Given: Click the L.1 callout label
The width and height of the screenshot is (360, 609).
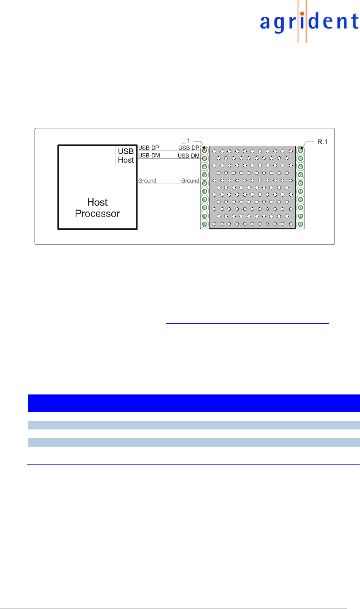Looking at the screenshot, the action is pos(186,141).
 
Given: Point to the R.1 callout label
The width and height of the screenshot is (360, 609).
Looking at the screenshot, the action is pos(322,142).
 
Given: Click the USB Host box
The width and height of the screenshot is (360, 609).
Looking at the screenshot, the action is pos(126,156).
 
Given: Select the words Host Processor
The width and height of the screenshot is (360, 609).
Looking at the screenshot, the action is pos(97,208).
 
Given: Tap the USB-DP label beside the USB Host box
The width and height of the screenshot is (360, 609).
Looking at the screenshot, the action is pos(149,148).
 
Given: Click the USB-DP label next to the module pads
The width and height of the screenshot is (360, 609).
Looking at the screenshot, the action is pos(189,148).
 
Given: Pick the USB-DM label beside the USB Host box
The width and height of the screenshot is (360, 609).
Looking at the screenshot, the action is pos(149,155).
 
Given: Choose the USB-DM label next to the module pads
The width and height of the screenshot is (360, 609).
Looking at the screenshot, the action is pos(189,156).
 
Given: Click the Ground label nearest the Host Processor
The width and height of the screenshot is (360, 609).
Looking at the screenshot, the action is pos(147,180).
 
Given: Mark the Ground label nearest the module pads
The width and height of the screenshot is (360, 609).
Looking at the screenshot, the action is pos(190,180).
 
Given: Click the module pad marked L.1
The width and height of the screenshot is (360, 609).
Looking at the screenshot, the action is pos(205,150).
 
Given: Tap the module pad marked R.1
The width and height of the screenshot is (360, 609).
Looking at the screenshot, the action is pos(300,150).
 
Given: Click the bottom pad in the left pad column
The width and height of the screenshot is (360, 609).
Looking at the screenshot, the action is pos(205,224).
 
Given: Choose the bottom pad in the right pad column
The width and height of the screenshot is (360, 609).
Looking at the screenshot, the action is pos(300,224).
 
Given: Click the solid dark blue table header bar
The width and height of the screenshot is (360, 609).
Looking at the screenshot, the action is pos(194,403).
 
